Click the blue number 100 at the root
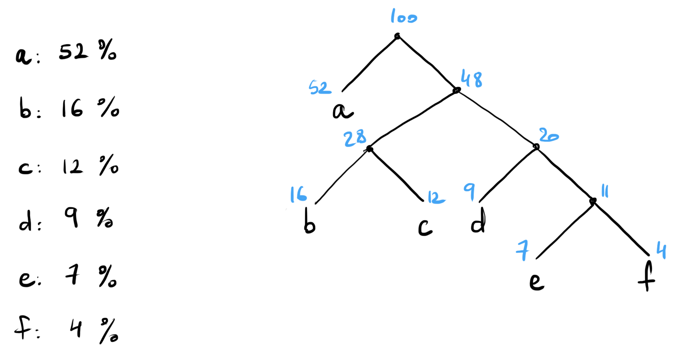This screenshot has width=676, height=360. click(x=403, y=17)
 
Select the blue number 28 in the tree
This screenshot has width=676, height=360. click(x=355, y=138)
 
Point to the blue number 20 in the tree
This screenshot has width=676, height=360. click(x=548, y=136)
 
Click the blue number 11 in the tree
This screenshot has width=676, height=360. click(x=604, y=191)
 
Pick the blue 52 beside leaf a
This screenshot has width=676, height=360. click(x=319, y=87)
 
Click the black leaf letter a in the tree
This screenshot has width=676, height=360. click(x=342, y=111)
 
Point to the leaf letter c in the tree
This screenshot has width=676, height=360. click(x=425, y=227)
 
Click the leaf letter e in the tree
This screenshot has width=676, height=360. click(x=536, y=281)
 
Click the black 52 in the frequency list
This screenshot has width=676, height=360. click(x=73, y=51)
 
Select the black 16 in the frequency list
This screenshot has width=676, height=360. click(x=72, y=108)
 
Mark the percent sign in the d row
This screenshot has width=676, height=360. click(x=105, y=218)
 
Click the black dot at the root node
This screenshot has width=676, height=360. click(x=397, y=36)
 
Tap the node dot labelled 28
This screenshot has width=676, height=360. click(x=369, y=149)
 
